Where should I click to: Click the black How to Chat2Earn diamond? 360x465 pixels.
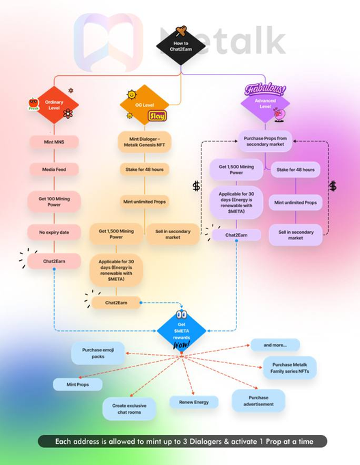pos(181,46)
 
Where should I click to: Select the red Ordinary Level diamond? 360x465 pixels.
pos(54,105)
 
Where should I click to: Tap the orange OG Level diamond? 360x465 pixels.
pos(145,105)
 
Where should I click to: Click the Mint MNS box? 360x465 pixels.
pos(54,142)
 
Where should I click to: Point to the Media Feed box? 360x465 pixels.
pos(54,170)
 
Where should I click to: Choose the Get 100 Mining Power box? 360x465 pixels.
pos(54,202)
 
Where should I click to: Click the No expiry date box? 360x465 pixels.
pos(54,232)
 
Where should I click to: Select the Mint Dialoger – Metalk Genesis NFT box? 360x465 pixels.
pos(145,142)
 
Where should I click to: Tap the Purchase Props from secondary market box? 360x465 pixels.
pos(265,141)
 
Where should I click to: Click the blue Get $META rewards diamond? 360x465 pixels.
pos(181,331)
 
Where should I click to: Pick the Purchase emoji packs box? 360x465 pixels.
pos(98,354)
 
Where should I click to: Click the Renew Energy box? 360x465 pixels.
pos(194,402)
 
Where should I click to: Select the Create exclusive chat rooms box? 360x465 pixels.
pos(129,409)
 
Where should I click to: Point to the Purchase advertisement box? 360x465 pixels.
pos(258,401)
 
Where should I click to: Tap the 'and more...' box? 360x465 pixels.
pos(275,345)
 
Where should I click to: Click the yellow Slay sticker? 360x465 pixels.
pos(157,116)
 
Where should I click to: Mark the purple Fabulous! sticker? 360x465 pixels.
pos(266,89)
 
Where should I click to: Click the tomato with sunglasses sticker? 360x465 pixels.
pos(33,104)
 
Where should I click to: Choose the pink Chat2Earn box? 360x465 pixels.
pos(54,261)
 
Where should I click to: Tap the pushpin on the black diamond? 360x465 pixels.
pos(181,31)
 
